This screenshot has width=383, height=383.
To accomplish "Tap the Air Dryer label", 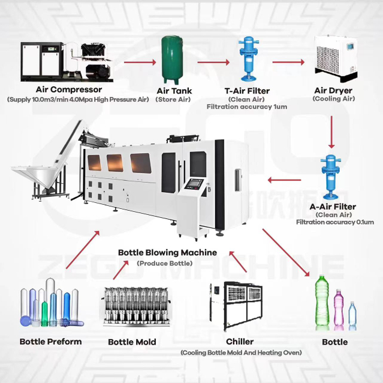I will point(333,91).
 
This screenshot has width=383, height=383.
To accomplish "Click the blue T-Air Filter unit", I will point(246,60).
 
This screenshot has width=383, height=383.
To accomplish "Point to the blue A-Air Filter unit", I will point(330,177).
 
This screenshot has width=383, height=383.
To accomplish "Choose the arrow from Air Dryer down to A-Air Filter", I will point(330,132).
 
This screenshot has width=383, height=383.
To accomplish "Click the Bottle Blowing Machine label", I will point(167,253).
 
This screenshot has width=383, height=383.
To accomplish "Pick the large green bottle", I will point(322,302).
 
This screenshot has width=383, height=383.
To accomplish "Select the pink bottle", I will point(339,308).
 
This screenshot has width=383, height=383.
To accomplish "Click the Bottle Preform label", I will point(51,342).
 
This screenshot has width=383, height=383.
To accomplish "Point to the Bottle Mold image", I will point(131,308).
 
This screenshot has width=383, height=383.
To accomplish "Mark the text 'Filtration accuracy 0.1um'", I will point(334,222).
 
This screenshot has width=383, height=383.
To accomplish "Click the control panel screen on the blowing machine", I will point(195,184).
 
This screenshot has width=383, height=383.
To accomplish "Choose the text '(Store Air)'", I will point(173,99).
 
